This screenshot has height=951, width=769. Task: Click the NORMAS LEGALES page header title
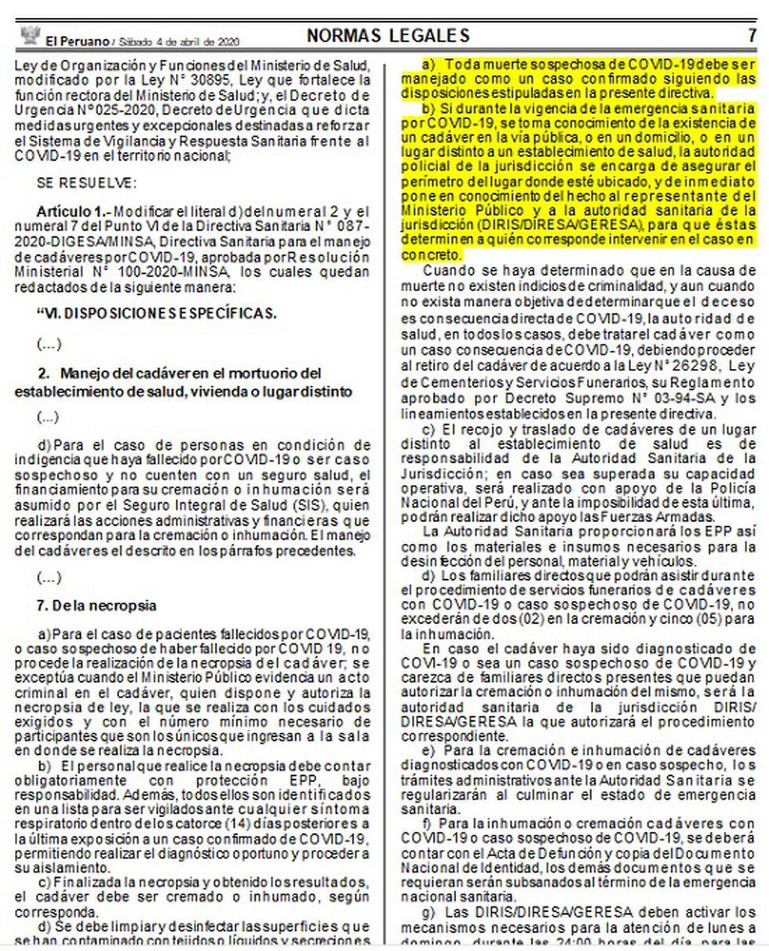coord(388,35)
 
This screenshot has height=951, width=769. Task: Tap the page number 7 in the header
coord(751,35)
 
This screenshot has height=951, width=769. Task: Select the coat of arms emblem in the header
coord(30,36)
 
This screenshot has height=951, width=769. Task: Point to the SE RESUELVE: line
coord(86,184)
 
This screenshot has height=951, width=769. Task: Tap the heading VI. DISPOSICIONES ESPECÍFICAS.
coord(157,313)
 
